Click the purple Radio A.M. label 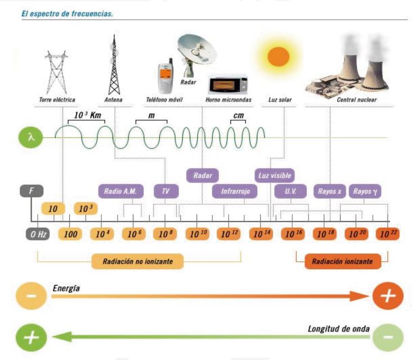[121, 191]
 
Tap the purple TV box [166, 191]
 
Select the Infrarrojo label [235, 191]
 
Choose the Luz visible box [275, 176]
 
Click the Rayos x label [329, 191]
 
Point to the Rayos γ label [365, 191]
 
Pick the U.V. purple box [291, 191]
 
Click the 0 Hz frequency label [38, 234]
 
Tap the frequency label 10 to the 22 [388, 234]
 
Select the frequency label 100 [70, 234]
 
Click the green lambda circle [30, 137]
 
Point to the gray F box [32, 191]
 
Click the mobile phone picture [166, 75]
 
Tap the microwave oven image [228, 85]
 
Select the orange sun [278, 57]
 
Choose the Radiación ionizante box [343, 261]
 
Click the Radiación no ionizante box [138, 261]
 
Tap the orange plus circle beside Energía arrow [388, 296]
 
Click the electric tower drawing [56, 72]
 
